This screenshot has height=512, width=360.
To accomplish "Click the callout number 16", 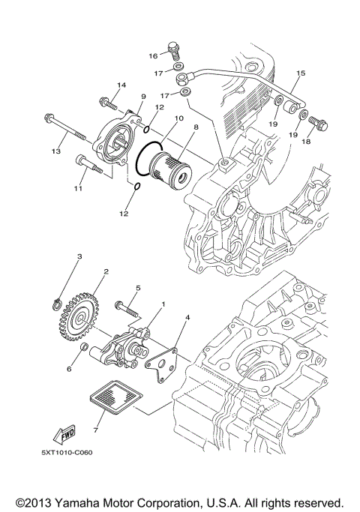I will [x=152, y=56].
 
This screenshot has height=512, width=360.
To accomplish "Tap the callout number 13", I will [x=55, y=152].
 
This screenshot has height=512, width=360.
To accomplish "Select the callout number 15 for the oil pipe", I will [x=301, y=73].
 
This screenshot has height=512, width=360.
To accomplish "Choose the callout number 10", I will [x=178, y=118].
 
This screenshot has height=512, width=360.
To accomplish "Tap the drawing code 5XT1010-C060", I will [x=67, y=454].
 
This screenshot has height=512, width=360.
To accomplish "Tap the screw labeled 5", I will [x=125, y=308].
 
